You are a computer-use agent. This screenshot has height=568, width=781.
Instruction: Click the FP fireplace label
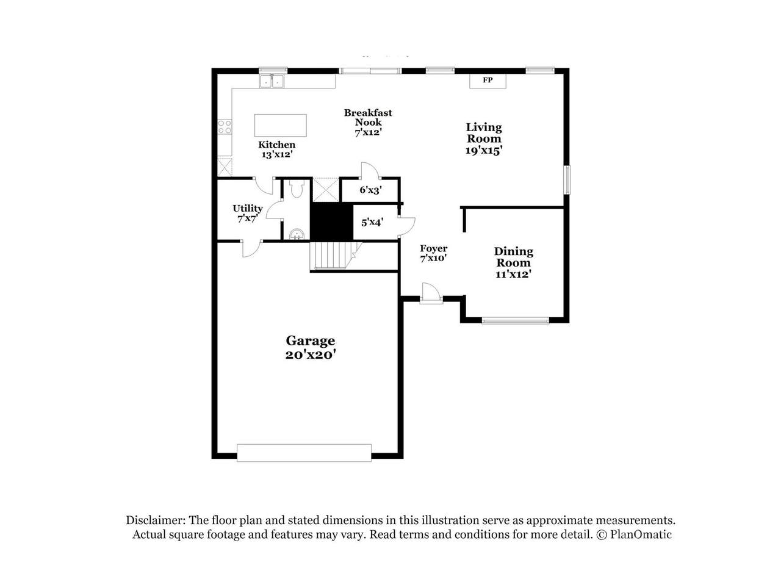point(488,80)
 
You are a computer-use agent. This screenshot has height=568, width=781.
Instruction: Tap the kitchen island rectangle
point(280,125)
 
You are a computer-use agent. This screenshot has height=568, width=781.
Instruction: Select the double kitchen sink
point(272,81)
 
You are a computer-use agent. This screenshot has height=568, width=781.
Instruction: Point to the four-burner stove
point(225,126)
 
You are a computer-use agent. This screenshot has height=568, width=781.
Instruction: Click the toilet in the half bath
point(297,189)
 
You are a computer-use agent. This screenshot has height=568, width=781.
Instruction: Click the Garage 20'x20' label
point(311,347)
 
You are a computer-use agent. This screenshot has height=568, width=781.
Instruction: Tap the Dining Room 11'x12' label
point(513,262)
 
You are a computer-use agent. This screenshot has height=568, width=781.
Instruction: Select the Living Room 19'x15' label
point(484,138)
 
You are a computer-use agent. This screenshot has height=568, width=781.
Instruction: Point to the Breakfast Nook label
point(368,118)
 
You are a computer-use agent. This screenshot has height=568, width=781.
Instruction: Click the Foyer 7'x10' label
point(433,253)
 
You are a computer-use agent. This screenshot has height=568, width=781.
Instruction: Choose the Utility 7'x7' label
point(248,214)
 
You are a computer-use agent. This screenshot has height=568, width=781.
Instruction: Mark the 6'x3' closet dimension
point(370,190)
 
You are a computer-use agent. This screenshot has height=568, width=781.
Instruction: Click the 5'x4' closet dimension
point(372,222)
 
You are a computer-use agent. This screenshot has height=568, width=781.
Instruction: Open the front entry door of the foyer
point(431,293)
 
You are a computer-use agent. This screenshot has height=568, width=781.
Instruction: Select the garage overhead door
point(304,453)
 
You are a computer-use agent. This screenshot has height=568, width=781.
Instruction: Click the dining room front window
point(516,320)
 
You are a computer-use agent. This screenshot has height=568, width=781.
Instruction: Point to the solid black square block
point(332,222)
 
